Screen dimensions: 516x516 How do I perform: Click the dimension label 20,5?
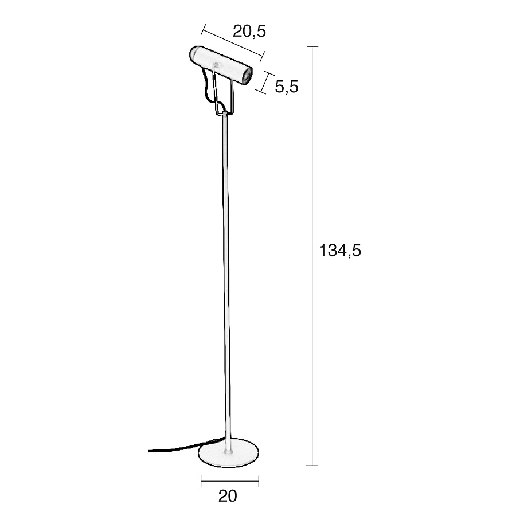click(249, 32)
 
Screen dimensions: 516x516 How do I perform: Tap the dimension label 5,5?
click(287, 87)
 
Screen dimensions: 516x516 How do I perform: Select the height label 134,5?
click(340, 251)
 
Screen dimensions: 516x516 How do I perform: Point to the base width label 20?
click(228, 496)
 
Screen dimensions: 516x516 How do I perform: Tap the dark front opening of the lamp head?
click(247, 76)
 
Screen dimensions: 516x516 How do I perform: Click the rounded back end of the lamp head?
click(194, 54)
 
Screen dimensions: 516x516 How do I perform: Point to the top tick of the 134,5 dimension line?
click(312, 47)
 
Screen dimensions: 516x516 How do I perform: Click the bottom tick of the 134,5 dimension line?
click(312, 466)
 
